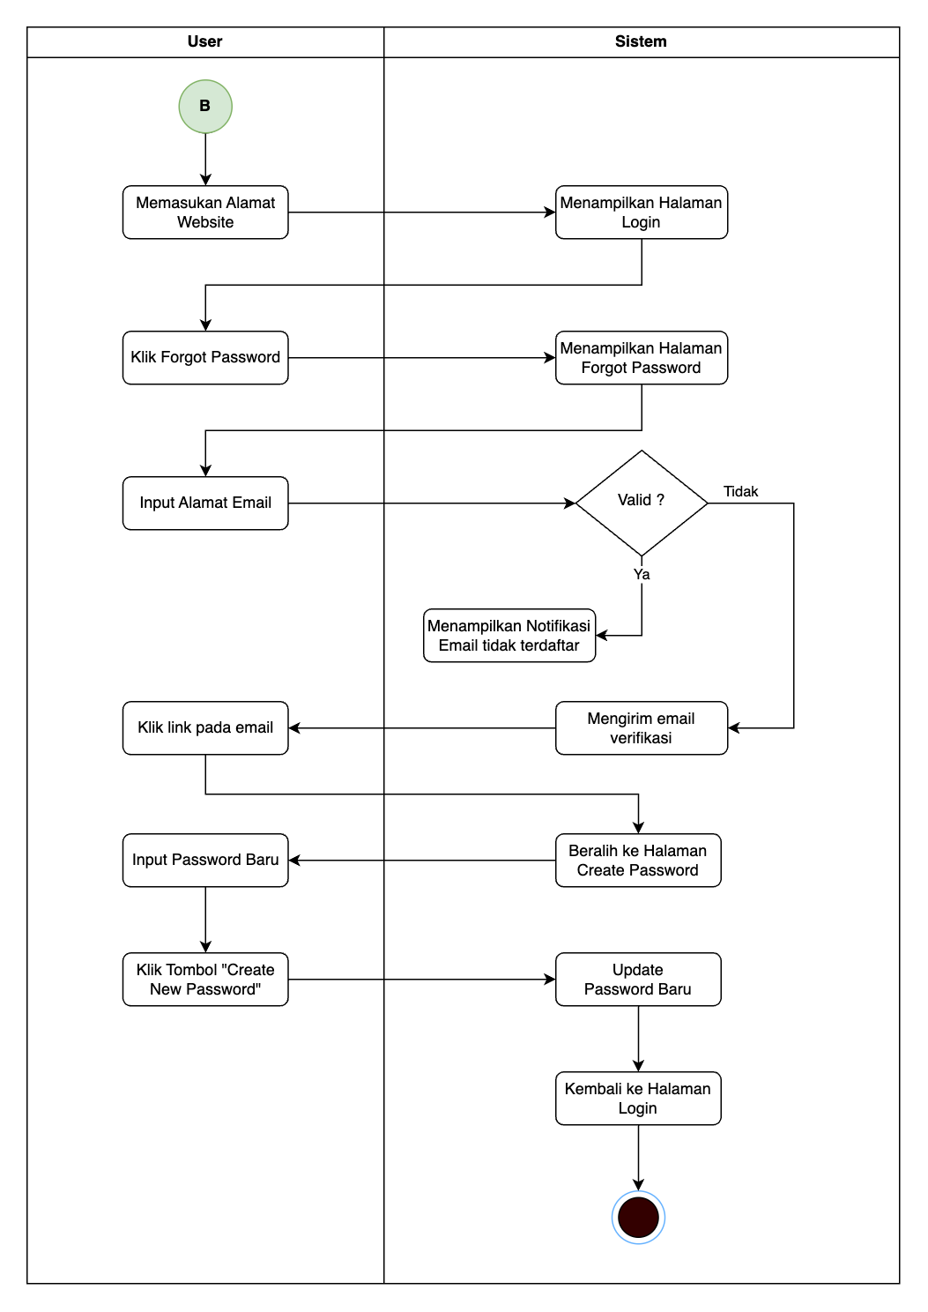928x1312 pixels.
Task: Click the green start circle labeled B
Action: [205, 107]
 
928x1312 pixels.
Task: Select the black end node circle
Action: [638, 1217]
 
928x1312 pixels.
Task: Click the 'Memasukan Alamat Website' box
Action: [205, 212]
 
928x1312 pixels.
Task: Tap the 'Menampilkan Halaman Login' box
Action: [642, 212]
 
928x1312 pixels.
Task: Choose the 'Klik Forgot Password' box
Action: [205, 358]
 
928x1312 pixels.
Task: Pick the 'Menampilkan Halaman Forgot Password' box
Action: [642, 358]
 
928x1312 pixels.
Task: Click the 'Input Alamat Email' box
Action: [205, 503]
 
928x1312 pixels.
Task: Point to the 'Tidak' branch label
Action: [740, 492]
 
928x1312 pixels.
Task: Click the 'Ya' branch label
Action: [642, 575]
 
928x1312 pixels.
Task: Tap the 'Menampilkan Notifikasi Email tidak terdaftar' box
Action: [509, 636]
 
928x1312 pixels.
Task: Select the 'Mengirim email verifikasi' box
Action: [642, 728]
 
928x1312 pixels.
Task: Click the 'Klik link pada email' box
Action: [205, 728]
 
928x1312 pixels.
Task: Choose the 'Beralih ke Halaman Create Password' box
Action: [638, 861]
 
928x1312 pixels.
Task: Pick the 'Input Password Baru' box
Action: [205, 861]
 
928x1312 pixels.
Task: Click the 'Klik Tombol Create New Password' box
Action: [205, 980]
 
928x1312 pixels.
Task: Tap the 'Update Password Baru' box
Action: [638, 980]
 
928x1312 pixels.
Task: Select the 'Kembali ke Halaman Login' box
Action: [638, 1099]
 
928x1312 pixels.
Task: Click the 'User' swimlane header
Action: [205, 42]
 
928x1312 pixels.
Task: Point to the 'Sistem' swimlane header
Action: [641, 42]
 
